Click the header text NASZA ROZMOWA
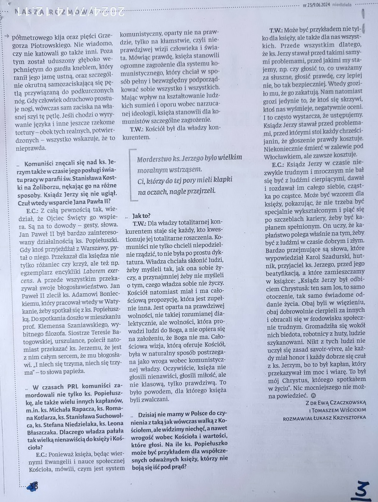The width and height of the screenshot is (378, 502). coord(52,12)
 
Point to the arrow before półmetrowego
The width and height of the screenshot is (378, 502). coord(6,36)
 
